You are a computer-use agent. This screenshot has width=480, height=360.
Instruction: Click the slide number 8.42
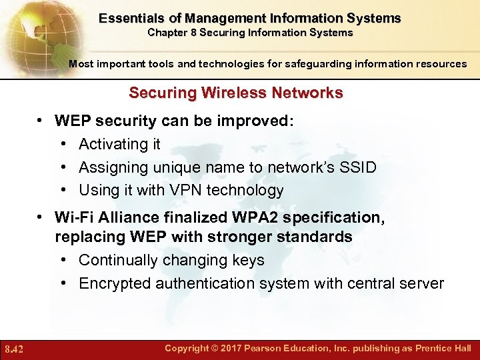click(x=14, y=349)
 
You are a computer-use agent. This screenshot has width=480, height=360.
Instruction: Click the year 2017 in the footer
click(x=240, y=348)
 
